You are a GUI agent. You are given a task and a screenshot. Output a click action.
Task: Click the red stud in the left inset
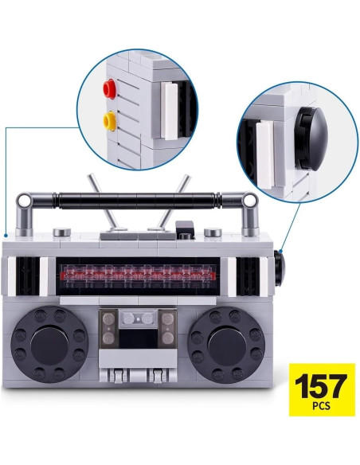(x=109, y=88)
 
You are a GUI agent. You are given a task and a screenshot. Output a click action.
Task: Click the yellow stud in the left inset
(x=109, y=121)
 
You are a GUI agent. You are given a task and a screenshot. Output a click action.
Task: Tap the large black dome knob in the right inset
(x=312, y=139)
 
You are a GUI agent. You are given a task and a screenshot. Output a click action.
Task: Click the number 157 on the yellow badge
(x=322, y=385)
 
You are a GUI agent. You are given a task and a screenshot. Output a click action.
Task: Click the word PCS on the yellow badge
(x=321, y=405)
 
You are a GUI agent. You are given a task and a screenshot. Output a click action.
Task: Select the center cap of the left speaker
(x=49, y=346)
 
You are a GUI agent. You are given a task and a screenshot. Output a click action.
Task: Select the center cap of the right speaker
(x=227, y=346)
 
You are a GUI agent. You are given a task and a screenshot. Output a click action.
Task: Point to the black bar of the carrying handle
(x=137, y=200)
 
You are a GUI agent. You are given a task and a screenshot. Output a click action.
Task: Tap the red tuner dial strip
(x=137, y=276)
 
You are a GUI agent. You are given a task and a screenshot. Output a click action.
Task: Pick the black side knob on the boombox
(x=279, y=268)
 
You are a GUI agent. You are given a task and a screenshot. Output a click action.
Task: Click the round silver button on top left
(x=61, y=232)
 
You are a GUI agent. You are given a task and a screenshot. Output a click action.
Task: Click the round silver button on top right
(x=213, y=232)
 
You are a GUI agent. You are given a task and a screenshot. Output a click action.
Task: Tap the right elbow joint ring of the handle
(x=249, y=201)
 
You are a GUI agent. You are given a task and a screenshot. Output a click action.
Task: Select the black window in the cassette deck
(x=138, y=338)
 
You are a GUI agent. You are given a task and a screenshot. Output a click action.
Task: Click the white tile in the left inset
(x=170, y=111)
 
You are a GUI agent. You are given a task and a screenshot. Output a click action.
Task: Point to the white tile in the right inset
(x=264, y=154)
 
